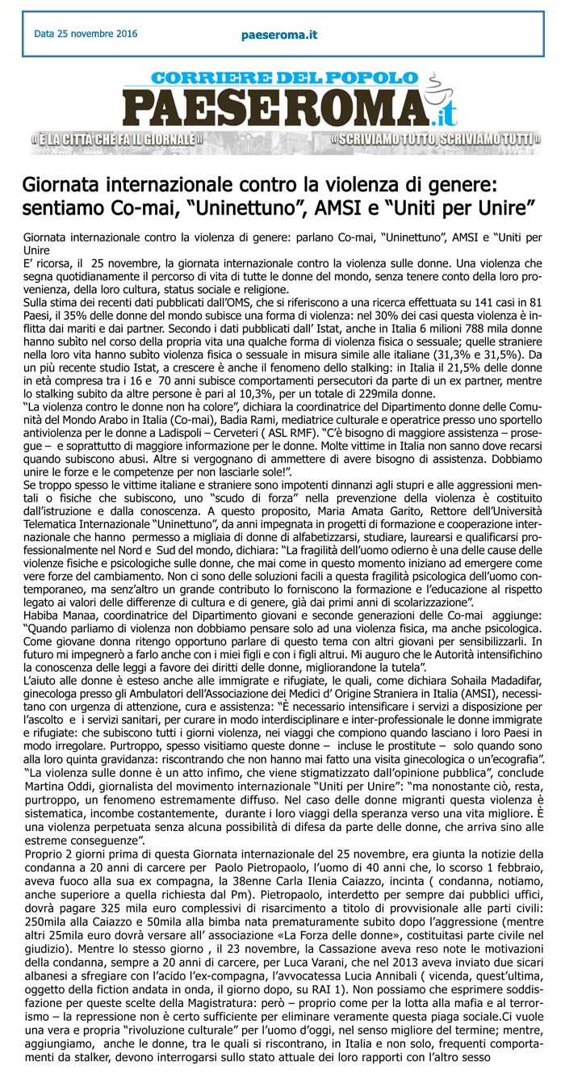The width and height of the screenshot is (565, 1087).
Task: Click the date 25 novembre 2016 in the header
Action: [x=86, y=34]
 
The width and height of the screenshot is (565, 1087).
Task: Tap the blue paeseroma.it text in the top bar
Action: [x=279, y=35]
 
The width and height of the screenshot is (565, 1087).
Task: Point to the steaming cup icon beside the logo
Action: [x=435, y=83]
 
